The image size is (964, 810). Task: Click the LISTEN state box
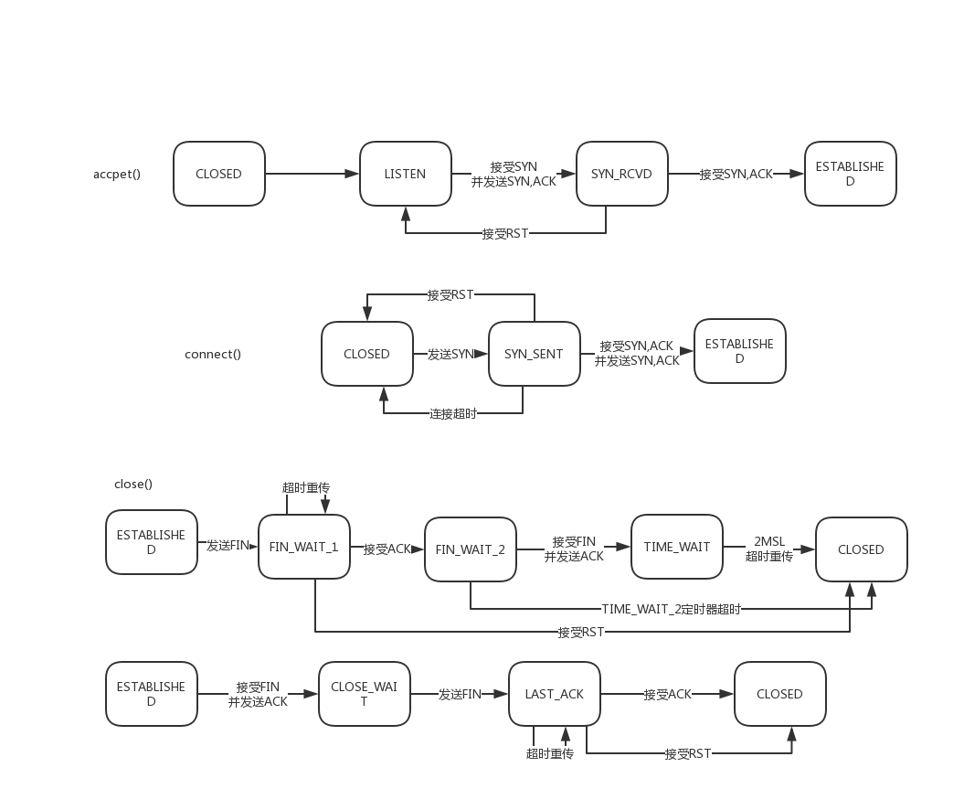click(405, 174)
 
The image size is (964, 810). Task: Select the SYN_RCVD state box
click(621, 174)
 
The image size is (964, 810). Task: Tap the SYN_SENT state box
click(534, 354)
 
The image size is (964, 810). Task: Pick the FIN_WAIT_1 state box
click(303, 547)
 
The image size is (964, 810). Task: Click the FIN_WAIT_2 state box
click(470, 549)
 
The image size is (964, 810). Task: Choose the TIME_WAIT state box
click(676, 547)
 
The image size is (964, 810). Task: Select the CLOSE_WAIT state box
click(364, 694)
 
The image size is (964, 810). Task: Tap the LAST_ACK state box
click(554, 694)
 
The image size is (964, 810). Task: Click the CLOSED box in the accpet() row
click(218, 174)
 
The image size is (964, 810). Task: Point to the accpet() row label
click(117, 174)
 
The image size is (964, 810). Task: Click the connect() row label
click(213, 354)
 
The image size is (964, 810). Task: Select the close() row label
click(133, 484)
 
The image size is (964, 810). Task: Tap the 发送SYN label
click(450, 354)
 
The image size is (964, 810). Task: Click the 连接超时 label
click(453, 414)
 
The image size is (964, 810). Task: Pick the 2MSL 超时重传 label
click(768, 549)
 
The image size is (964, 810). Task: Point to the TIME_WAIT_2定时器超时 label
click(671, 609)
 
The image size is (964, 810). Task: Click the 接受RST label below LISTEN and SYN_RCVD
click(505, 233)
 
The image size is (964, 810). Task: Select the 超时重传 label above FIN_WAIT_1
click(305, 486)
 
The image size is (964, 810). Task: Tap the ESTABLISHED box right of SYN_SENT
click(739, 351)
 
